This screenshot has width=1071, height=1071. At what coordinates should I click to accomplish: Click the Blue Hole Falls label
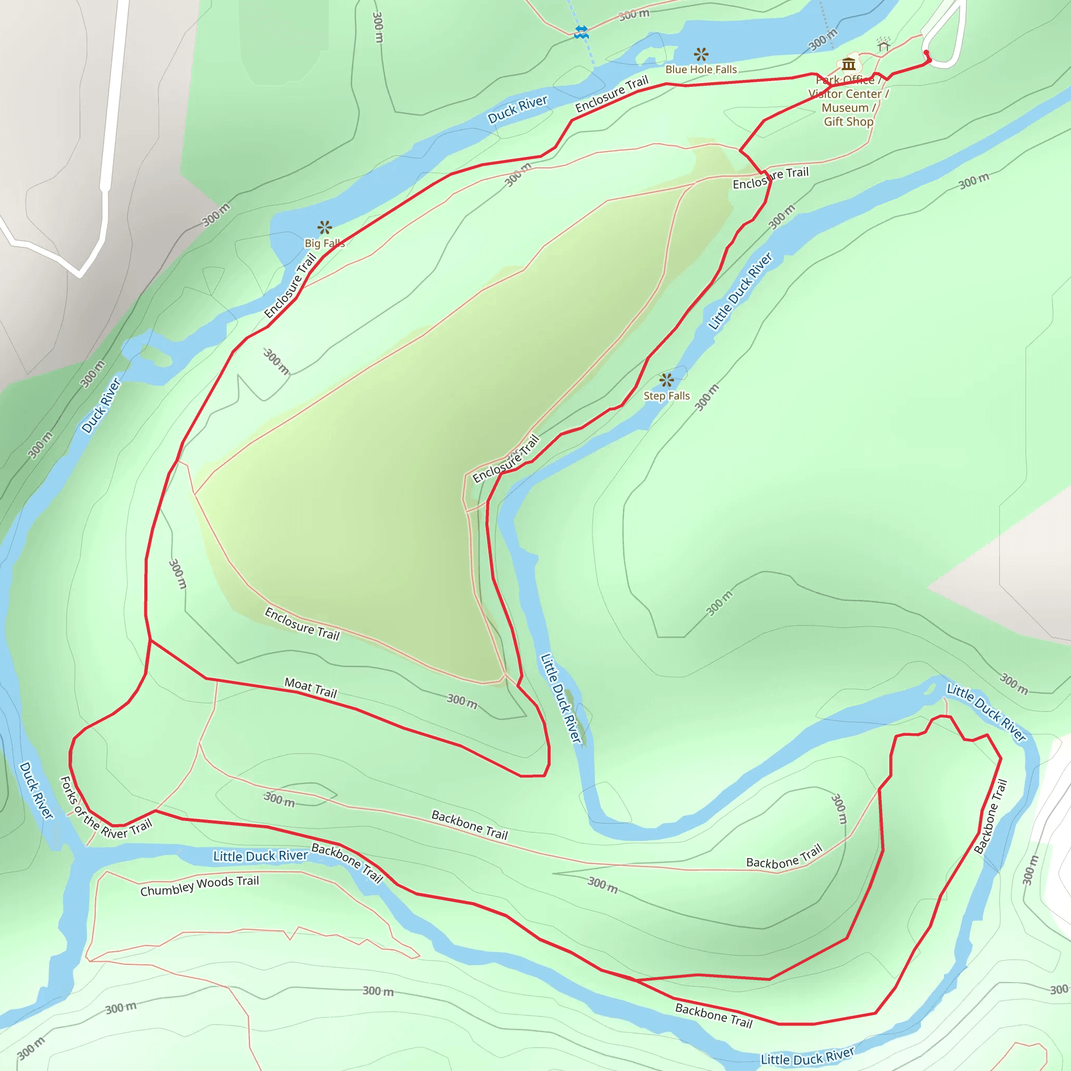coord(701,70)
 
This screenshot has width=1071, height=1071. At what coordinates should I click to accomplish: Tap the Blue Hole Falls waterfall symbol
coord(701,54)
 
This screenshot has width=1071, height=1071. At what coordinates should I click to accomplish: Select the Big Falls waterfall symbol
coord(325,227)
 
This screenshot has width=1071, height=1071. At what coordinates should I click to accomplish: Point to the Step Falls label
coord(666,396)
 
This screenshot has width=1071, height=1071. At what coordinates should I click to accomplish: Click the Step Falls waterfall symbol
coord(666,380)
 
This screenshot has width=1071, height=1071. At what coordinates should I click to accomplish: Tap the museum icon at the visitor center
coord(848,64)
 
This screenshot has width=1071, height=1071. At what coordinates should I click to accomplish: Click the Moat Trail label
coord(311,688)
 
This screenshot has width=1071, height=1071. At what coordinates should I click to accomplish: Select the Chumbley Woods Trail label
coord(200,886)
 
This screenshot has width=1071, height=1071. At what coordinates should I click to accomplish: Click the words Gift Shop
coord(848,121)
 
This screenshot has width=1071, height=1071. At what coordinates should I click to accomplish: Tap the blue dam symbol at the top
coord(581,32)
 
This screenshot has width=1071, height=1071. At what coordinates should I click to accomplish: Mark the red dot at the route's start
coord(926,53)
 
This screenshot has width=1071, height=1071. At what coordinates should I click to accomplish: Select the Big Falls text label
coord(324,243)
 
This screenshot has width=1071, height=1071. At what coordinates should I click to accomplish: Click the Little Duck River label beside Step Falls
coord(740,292)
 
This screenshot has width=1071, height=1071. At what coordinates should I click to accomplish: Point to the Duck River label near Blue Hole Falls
coord(517,109)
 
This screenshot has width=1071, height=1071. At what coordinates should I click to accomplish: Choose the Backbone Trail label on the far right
coord(990,816)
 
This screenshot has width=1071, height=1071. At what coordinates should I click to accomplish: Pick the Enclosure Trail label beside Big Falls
coord(290,286)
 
